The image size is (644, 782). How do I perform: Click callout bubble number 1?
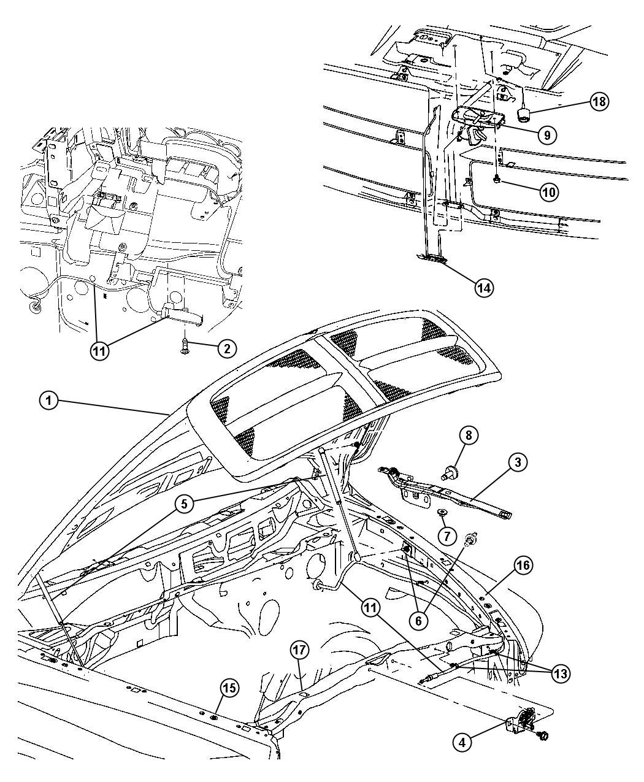[48, 401]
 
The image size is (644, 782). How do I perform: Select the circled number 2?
[227, 349]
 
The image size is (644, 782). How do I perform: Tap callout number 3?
[518, 462]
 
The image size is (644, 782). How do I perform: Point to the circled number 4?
[462, 732]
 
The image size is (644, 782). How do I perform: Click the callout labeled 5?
[184, 504]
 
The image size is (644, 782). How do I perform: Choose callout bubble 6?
[418, 621]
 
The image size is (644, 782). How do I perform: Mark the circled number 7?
[447, 536]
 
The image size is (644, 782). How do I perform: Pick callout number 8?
[469, 435]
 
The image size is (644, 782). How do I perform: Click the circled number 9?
[547, 136]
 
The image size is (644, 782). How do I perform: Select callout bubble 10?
[549, 193]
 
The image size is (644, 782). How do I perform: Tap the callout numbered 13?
[561, 674]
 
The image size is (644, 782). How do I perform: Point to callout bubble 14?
[484, 288]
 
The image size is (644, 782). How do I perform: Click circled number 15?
[229, 688]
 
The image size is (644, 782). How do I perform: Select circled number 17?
[299, 651]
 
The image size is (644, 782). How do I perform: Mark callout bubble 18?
[599, 101]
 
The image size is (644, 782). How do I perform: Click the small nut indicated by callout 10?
[497, 180]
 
